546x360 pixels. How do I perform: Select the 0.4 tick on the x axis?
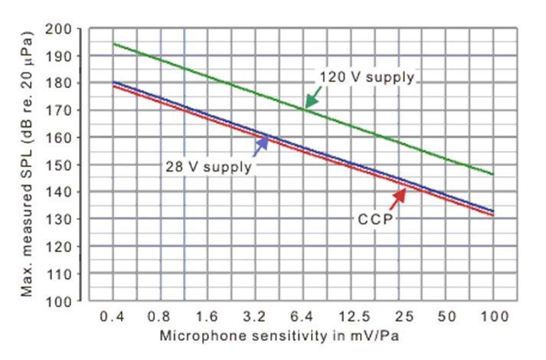(x=113, y=316)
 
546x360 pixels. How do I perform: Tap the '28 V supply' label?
(x=207, y=165)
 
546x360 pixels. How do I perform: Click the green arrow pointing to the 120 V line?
(x=312, y=97)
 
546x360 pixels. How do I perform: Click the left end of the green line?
(x=113, y=44)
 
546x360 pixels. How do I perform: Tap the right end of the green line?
(x=493, y=174)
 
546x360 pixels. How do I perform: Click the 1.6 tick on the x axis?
(x=208, y=316)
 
